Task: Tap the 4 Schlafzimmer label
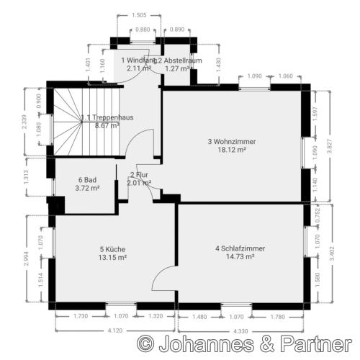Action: (x=240, y=248)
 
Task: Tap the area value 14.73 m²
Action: (x=240, y=257)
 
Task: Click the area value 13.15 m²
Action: (x=113, y=257)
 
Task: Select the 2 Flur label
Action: (x=138, y=174)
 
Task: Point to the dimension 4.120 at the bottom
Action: (x=116, y=330)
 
